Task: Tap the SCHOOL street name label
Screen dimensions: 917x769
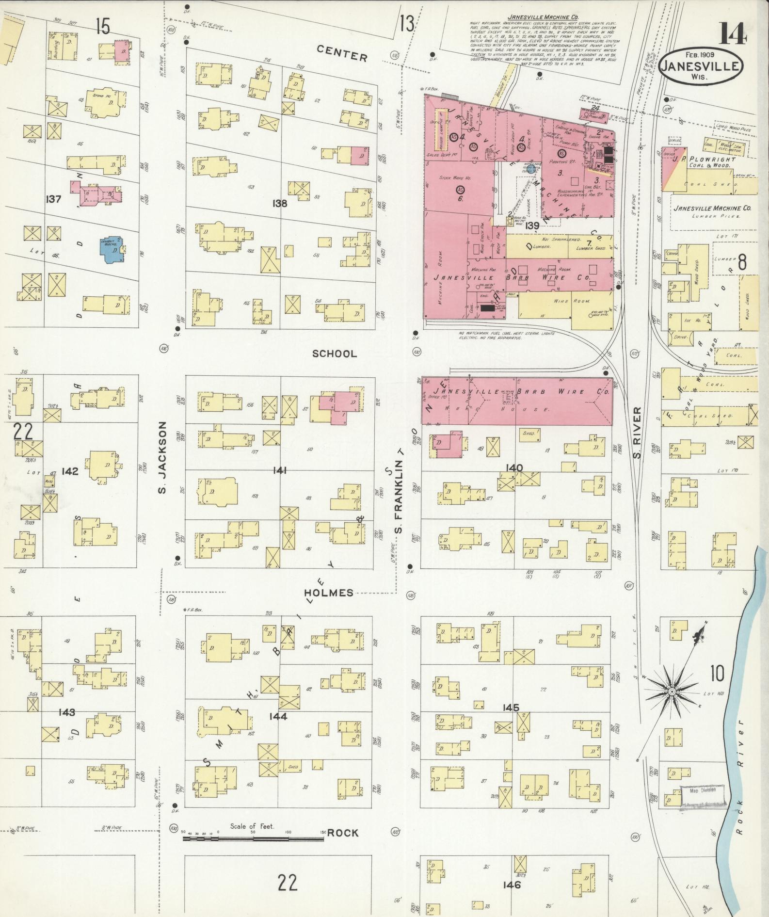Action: click(x=334, y=354)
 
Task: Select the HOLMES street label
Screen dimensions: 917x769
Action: click(x=329, y=593)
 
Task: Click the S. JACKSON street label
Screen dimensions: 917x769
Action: click(x=162, y=457)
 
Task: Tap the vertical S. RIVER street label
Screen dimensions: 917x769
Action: click(x=638, y=433)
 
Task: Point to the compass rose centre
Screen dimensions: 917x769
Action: click(x=673, y=691)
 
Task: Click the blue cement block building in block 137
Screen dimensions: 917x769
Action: click(x=112, y=249)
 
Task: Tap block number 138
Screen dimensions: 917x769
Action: click(x=280, y=203)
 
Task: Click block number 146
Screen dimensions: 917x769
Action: click(x=512, y=885)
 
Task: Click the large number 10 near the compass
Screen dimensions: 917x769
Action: click(x=717, y=673)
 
